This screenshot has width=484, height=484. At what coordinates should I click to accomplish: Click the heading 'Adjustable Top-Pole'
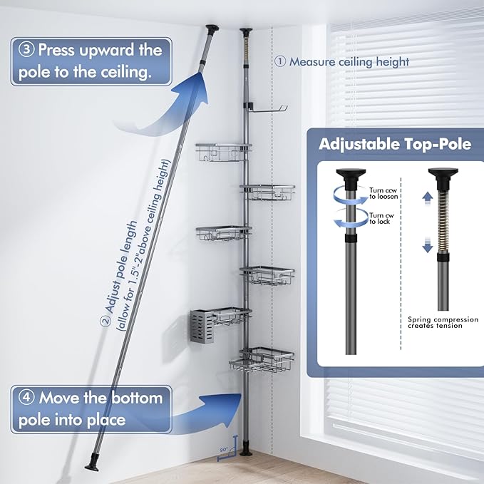point(394,143)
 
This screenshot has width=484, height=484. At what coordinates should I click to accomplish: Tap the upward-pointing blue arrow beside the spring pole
point(426,197)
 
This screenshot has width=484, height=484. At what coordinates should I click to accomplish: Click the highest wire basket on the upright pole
point(223,151)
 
